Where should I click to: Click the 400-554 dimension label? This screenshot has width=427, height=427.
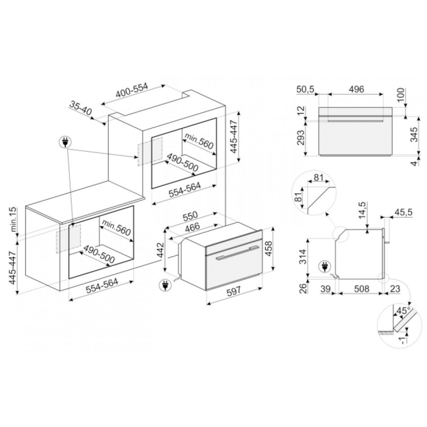pyautogui.click(x=132, y=91)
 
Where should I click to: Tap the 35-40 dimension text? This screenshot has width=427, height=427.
pyautogui.click(x=81, y=108)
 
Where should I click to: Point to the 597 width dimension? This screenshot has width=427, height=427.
pyautogui.click(x=234, y=290)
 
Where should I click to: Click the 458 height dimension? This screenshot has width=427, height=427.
pyautogui.click(x=269, y=248)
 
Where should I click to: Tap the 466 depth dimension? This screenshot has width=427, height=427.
pyautogui.click(x=192, y=226)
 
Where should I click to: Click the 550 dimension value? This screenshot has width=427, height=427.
pyautogui.click(x=190, y=216)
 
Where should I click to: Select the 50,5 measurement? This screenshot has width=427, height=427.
pyautogui.click(x=305, y=89)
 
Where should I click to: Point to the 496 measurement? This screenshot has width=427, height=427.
pyautogui.click(x=356, y=89)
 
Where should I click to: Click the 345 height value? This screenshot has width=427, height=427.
pyautogui.click(x=414, y=135)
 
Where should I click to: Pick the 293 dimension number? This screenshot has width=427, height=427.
pyautogui.click(x=301, y=138)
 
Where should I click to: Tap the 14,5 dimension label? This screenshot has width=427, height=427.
pyautogui.click(x=362, y=210)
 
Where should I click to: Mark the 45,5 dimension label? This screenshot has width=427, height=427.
pyautogui.click(x=403, y=212)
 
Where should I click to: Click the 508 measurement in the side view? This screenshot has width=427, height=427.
pyautogui.click(x=362, y=289)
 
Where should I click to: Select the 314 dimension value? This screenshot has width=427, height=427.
pyautogui.click(x=303, y=257)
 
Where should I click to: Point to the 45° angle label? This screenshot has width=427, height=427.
pyautogui.click(x=404, y=311)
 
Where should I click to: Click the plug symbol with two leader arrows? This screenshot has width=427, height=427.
pyautogui.click(x=65, y=142)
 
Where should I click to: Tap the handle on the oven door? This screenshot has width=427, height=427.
pyautogui.click(x=236, y=252)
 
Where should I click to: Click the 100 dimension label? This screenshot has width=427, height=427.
pyautogui.click(x=401, y=94)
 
